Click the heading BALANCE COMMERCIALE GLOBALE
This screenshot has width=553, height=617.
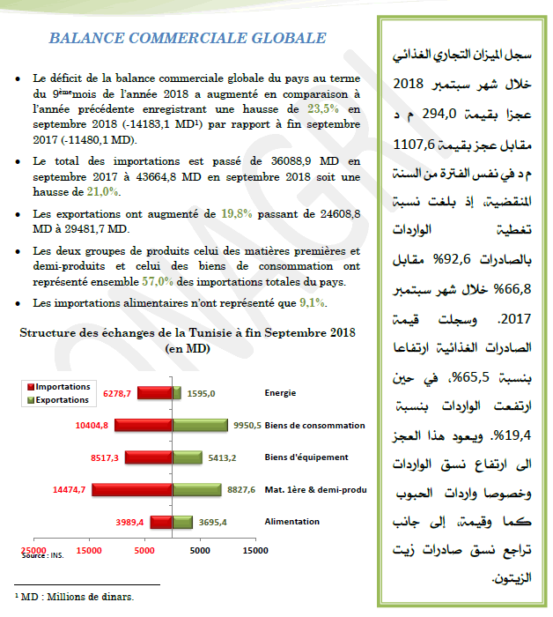187,39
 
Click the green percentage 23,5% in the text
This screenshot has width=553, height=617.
322,108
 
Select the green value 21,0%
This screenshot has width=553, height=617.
104,191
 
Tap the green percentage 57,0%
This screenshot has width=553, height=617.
155,282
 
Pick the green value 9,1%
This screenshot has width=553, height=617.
313,304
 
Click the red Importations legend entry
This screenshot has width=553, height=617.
62,387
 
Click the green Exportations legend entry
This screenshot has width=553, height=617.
62,399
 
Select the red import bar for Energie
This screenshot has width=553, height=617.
154,393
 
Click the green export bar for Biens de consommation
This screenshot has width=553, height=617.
200,426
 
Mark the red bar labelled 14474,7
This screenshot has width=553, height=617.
132,489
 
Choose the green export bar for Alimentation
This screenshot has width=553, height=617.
182,522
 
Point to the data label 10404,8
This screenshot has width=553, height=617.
92,426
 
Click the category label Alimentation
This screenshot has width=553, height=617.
291,522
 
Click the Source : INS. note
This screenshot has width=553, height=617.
43,556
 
